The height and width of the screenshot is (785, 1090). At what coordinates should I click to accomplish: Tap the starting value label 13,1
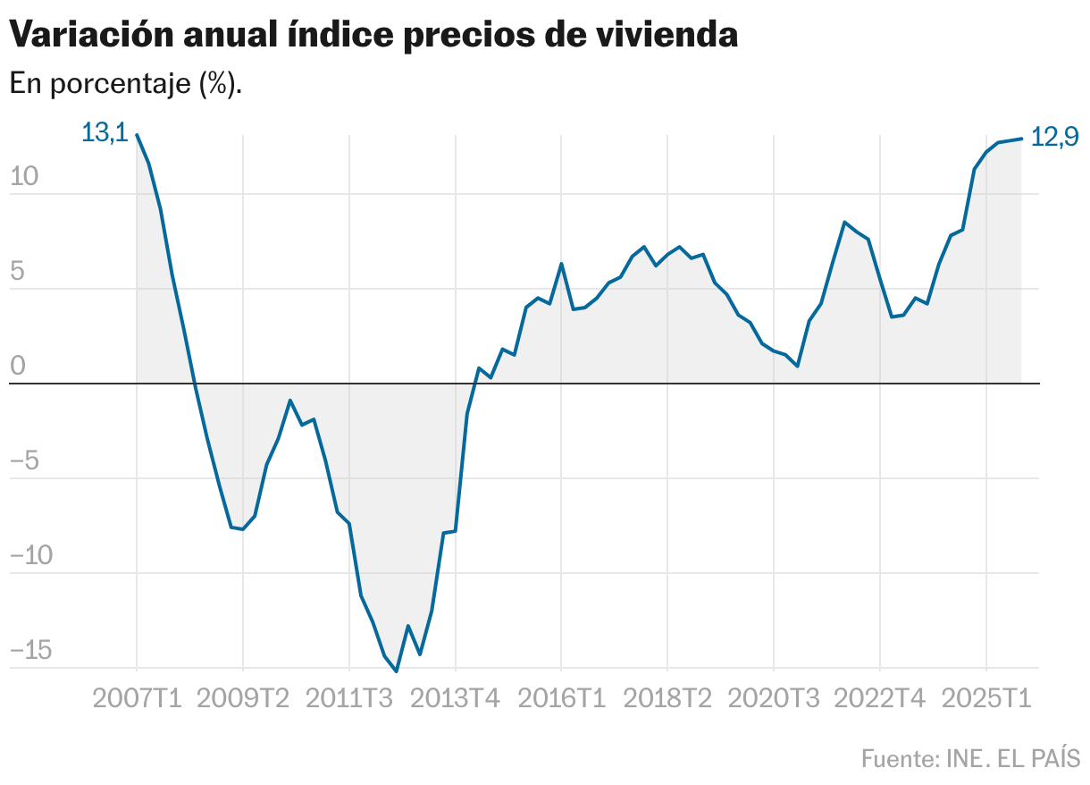105,133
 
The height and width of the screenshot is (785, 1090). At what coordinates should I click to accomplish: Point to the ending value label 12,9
1054,137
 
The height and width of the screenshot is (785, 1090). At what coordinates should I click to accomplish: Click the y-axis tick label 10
25,176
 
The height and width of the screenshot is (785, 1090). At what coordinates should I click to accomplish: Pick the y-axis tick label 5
18,271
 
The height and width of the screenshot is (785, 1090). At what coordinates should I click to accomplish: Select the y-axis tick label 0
18,366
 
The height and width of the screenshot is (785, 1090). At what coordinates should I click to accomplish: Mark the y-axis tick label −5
25,460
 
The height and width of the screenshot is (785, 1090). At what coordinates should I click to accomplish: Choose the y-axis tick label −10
31,555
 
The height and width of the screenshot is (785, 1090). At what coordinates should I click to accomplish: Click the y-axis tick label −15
31,650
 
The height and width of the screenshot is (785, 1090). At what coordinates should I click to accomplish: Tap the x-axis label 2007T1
137,697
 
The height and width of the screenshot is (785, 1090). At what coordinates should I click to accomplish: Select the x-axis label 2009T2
243,697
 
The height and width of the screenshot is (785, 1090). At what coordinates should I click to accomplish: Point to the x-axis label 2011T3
349,697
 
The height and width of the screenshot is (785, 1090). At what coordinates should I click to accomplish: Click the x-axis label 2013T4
456,697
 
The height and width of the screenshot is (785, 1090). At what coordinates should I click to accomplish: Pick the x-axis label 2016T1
561,697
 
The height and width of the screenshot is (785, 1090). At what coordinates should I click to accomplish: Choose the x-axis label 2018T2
667,697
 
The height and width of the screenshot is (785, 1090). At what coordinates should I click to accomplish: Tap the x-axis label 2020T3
774,697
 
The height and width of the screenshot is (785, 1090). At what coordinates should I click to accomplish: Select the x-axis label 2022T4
880,697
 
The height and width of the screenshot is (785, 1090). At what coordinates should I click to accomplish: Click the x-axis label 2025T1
986,697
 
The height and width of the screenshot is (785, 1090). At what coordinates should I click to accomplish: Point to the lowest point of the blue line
397,671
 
